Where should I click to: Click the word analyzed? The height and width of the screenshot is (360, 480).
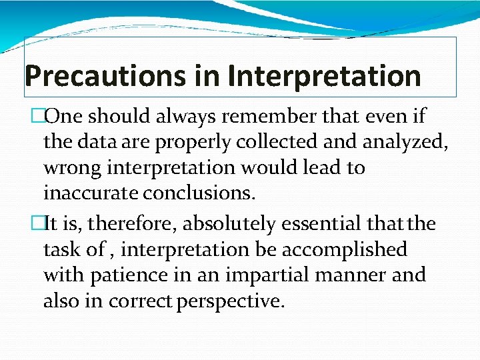coord(394,142)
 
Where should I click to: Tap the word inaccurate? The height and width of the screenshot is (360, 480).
coord(86,193)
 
